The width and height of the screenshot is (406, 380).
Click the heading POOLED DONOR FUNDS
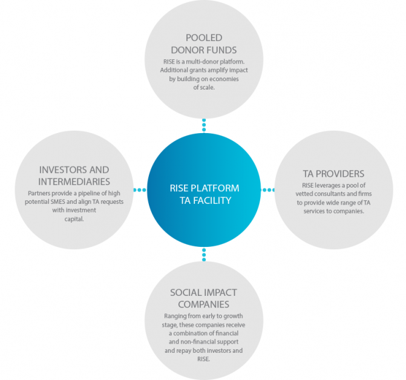click(203, 43)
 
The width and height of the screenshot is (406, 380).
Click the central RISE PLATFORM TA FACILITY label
click(204, 194)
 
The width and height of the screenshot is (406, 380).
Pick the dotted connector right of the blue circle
click(267, 191)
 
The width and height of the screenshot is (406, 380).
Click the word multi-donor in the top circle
click(195, 61)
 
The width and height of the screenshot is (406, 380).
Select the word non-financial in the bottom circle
click(182, 342)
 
